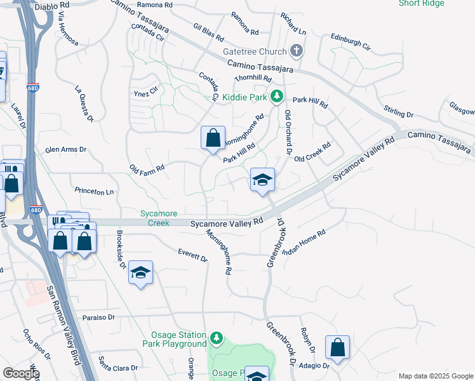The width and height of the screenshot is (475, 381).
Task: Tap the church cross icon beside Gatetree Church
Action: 296,51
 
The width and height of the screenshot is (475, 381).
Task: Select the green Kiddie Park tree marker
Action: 276,97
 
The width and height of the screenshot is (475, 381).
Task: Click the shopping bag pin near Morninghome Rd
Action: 213,138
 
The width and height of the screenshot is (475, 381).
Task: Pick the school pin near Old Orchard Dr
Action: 262,180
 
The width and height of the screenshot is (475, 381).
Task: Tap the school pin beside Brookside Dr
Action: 140,273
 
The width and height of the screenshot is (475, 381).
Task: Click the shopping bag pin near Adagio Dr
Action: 337,348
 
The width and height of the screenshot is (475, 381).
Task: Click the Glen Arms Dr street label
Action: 65,150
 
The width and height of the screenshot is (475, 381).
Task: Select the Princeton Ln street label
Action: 95,190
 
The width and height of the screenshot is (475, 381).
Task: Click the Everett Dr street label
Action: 193,255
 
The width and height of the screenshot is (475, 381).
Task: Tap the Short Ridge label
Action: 421,3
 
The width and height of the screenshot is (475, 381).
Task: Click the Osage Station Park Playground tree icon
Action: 217,337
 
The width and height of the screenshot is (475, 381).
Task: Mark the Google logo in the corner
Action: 21,373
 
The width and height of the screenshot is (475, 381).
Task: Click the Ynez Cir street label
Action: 145,93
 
